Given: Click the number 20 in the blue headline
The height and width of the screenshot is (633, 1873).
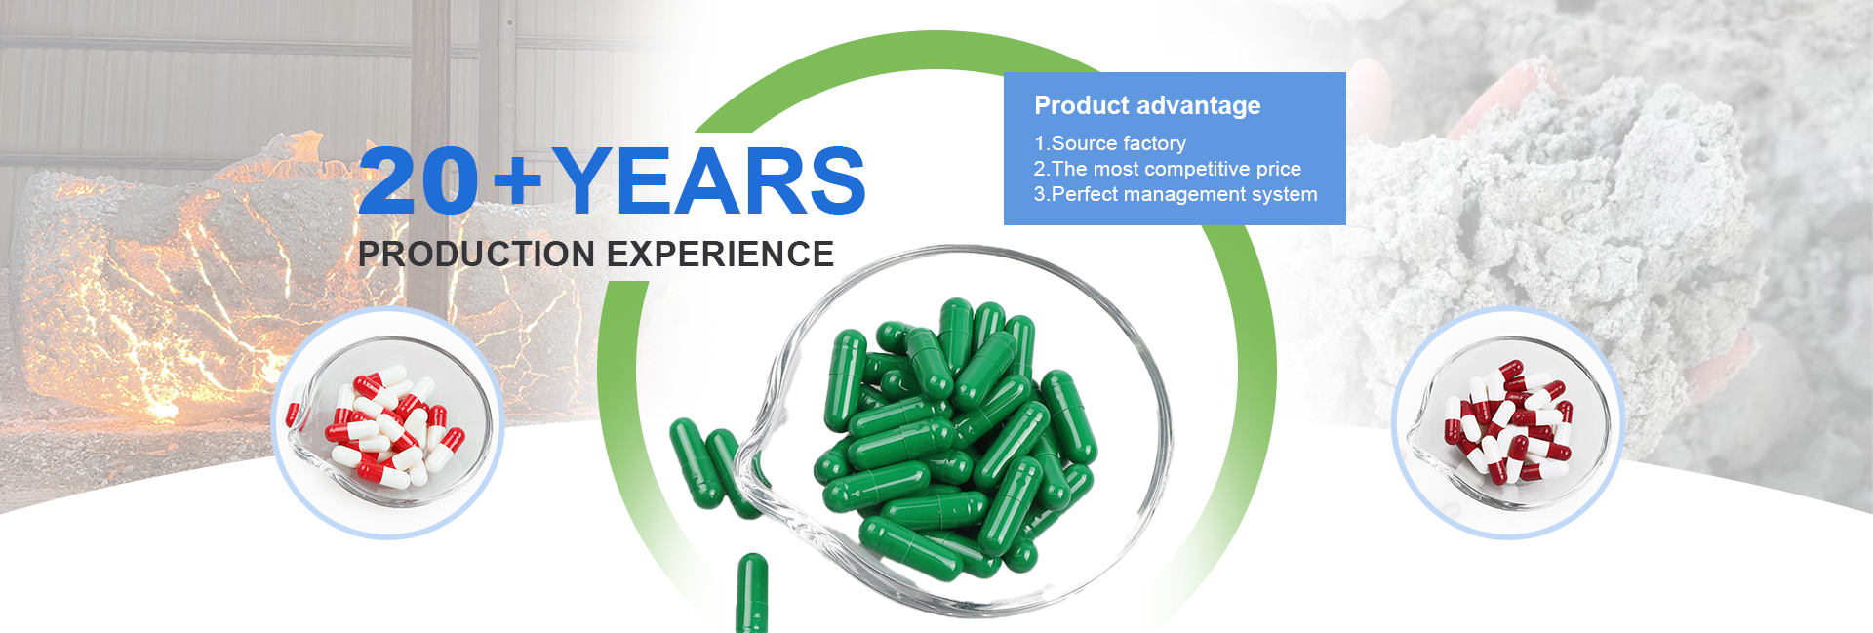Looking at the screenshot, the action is (x=419, y=180).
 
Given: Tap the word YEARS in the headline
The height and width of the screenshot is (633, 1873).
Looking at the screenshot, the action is (x=708, y=180).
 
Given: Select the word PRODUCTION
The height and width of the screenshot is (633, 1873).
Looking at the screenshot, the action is (x=476, y=254).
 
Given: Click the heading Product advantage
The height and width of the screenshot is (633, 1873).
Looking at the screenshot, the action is (x=1147, y=105).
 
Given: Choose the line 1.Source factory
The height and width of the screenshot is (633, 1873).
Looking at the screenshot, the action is (x=1110, y=143).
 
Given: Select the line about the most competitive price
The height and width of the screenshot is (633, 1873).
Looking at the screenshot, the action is (x=1168, y=169).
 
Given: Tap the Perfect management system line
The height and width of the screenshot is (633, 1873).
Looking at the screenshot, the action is (x=1176, y=194).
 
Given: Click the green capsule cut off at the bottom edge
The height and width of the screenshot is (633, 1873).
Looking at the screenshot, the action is (x=751, y=593).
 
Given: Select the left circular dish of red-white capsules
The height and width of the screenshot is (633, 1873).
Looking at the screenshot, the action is (x=387, y=422).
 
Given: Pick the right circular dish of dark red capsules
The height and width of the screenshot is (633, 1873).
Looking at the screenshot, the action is (x=1507, y=422).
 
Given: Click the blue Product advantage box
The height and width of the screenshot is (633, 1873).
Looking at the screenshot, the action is (x=1175, y=148).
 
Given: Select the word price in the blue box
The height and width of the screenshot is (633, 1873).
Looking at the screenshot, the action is (x=1278, y=170).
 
